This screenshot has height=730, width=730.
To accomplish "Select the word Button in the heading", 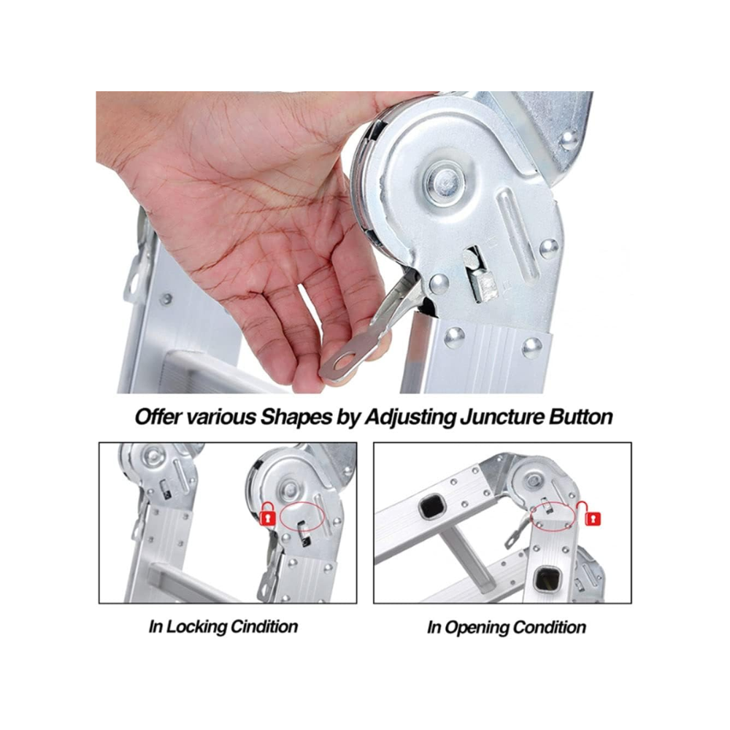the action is pos(580,417).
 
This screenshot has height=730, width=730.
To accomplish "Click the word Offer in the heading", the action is pos(158,417).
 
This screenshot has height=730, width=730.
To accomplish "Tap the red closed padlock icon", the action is pos(267,514).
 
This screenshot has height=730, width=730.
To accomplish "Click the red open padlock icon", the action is pos(589,515).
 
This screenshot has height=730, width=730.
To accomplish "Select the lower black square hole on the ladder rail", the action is pos(547,579).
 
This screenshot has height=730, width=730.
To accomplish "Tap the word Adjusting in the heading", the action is pos(410,417).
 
